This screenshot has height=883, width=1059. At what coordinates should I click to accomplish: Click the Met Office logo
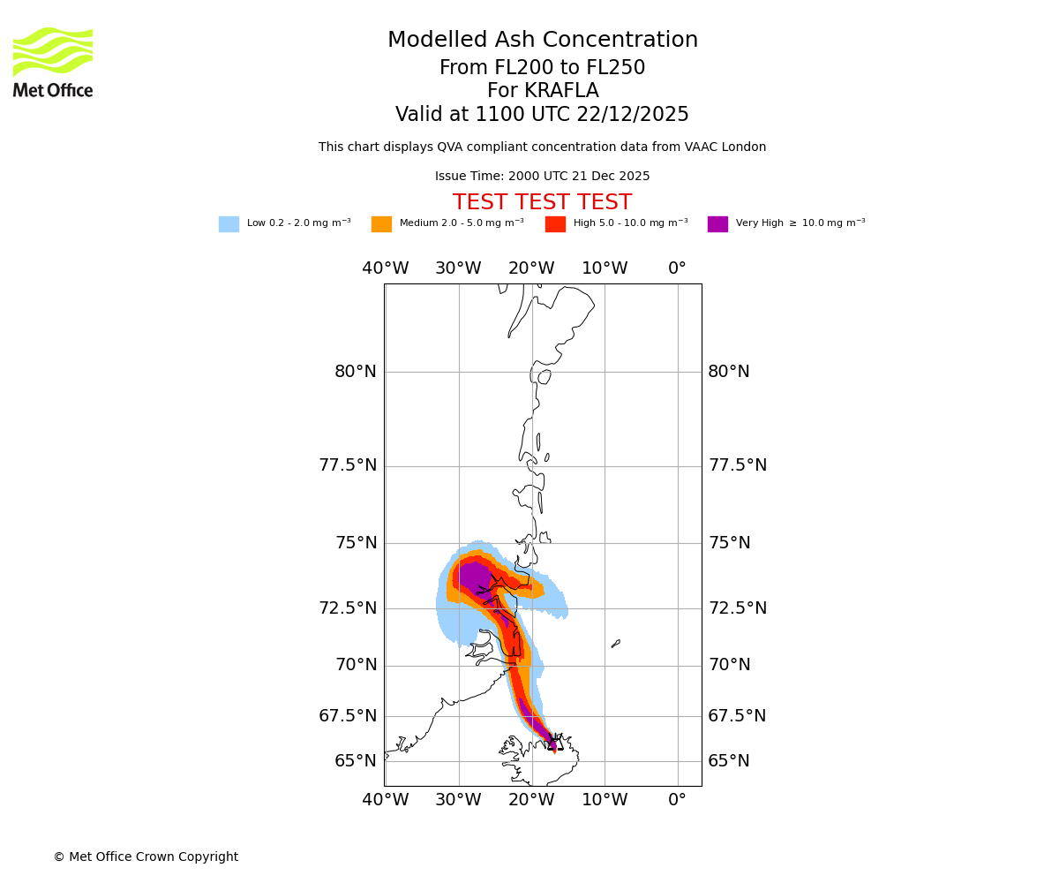point(53,62)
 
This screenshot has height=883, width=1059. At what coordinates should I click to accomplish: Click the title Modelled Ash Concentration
point(543,41)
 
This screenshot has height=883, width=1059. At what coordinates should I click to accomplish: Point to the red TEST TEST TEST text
point(542,202)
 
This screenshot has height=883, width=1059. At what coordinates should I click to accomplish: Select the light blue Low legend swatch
point(229,224)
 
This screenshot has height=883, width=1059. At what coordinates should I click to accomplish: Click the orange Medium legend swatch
point(381,224)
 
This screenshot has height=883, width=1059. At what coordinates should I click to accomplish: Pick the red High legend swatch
point(555,224)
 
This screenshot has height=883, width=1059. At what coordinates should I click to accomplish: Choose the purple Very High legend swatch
point(717,224)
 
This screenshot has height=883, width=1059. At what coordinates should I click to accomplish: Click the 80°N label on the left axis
point(356,372)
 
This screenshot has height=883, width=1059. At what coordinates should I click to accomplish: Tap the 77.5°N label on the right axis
point(738,465)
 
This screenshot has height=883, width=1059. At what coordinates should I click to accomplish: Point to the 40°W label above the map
point(386,268)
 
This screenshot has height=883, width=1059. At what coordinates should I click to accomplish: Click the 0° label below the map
point(677,800)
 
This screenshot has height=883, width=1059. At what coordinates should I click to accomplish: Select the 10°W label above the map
point(605,268)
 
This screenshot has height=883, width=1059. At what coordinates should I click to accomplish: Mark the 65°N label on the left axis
point(356,761)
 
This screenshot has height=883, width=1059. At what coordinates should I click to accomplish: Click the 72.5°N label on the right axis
point(738,608)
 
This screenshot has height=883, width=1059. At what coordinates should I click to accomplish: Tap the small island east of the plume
point(616,644)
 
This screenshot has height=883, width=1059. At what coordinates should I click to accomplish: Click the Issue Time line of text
point(542,177)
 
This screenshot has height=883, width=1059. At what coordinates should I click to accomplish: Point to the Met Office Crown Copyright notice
point(146,857)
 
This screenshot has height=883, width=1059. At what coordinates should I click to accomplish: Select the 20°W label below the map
point(531,800)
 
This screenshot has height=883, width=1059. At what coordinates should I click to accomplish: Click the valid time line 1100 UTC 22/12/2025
point(542,115)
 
